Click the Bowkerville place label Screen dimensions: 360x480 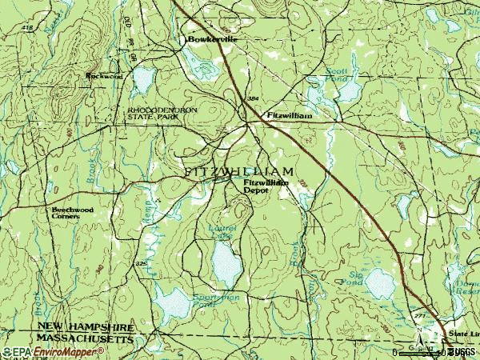[x=212, y=39]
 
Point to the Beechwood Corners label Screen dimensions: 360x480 [x=72, y=213]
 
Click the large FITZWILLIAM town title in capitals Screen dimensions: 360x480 [x=238, y=172]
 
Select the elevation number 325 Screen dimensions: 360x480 [x=142, y=262]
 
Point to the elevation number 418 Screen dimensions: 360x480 [x=7, y=28]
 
